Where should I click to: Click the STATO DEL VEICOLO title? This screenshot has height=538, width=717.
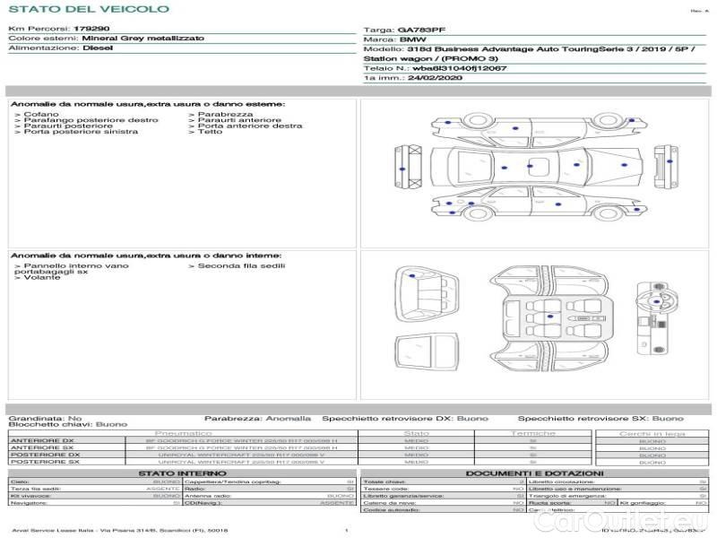point(88,9)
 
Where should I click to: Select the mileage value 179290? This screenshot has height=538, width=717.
point(91,29)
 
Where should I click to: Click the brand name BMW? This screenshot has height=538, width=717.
point(412,40)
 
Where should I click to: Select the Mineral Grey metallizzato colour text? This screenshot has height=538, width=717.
point(143,39)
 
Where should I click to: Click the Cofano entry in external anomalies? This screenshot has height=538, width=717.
point(41,115)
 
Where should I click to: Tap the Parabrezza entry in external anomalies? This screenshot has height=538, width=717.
point(226,115)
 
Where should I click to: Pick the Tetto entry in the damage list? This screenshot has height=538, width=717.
point(211,132)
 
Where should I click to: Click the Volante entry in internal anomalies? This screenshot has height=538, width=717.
point(43,278)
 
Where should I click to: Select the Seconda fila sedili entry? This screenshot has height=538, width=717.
point(241,265)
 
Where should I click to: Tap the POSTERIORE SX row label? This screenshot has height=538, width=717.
point(44,462)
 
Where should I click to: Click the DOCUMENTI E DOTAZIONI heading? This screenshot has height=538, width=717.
point(534,473)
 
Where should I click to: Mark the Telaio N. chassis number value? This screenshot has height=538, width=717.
point(459,67)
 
